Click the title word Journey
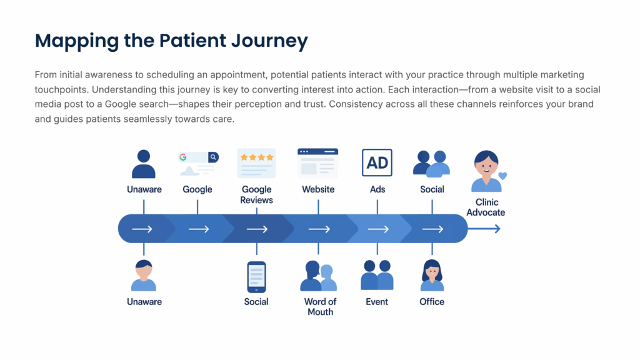pyautogui.click(x=268, y=41)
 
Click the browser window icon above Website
pyautogui.click(x=317, y=162)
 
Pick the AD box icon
pyautogui.click(x=377, y=163)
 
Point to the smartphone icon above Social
pyautogui.click(x=256, y=277)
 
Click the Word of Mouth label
pyautogui.click(x=320, y=306)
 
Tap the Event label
pyautogui.click(x=377, y=301)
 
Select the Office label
pyautogui.click(x=432, y=301)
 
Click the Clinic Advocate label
pyautogui.click(x=486, y=207)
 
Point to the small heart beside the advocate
pyautogui.click(x=502, y=176)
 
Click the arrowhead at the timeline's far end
pyautogui.click(x=497, y=229)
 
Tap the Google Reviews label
pyautogui.click(x=257, y=194)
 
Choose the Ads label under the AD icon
pyautogui.click(x=377, y=189)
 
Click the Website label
pyautogui.click(x=318, y=189)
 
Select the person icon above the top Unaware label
pyautogui.click(x=144, y=164)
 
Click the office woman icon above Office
pyautogui.click(x=432, y=276)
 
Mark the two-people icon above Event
pyautogui.click(x=377, y=275)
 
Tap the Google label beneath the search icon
pyautogui.click(x=197, y=189)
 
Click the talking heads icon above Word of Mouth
pyautogui.click(x=319, y=276)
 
